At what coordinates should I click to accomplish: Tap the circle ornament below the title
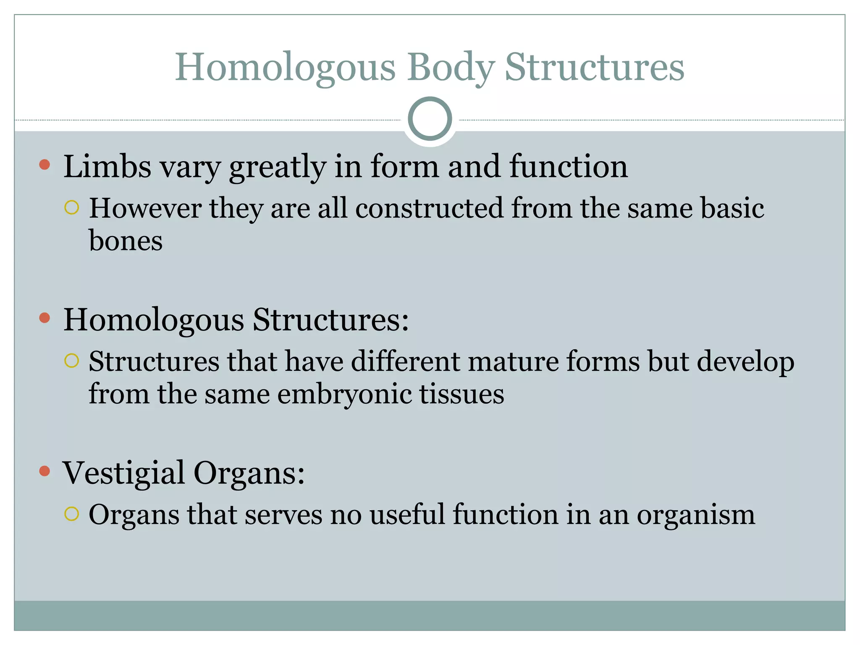click(430, 119)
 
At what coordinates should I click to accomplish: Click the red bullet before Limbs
click(45, 165)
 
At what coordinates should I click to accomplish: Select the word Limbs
click(107, 166)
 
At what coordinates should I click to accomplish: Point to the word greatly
click(278, 167)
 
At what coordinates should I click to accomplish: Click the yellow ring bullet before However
click(72, 207)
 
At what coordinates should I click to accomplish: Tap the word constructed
click(429, 208)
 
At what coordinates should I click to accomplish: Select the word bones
click(126, 241)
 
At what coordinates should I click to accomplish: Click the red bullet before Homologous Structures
click(45, 318)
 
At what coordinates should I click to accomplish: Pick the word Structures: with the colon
click(330, 320)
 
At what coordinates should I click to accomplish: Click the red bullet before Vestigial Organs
click(45, 471)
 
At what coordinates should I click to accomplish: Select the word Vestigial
click(123, 473)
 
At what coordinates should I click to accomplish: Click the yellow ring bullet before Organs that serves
click(72, 514)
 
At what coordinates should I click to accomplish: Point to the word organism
click(696, 515)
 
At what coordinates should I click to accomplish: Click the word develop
click(746, 362)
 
